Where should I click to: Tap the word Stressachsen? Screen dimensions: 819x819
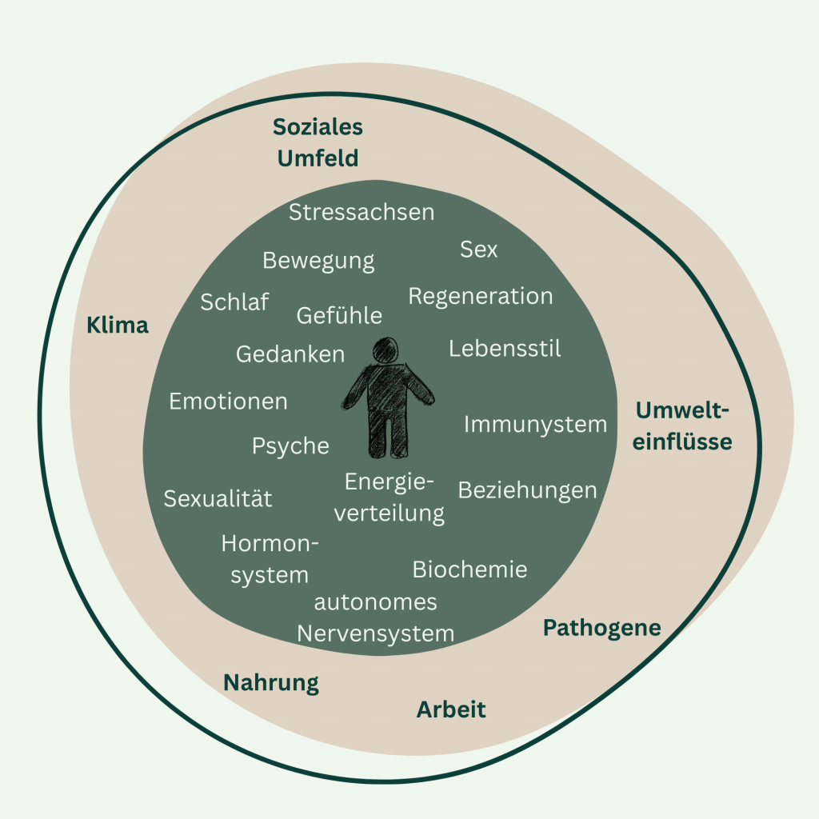click(x=362, y=213)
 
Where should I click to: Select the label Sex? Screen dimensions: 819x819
click(x=478, y=250)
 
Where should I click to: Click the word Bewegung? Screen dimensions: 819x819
click(x=318, y=262)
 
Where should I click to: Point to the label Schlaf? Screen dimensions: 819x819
click(x=234, y=302)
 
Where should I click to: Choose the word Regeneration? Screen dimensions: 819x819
click(x=481, y=297)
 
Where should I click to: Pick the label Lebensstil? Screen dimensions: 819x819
click(x=505, y=349)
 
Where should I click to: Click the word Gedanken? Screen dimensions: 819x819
click(x=290, y=354)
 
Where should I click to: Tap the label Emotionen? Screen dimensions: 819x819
click(x=228, y=402)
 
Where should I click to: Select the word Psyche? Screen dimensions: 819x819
click(x=290, y=446)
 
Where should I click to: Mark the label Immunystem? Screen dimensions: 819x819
click(x=535, y=425)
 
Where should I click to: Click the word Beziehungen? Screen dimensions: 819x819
click(x=527, y=490)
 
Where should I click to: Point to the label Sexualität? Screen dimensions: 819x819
click(x=218, y=499)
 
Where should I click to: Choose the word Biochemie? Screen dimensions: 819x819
click(x=469, y=569)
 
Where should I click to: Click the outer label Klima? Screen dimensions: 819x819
click(x=118, y=326)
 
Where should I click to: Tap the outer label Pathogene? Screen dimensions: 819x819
click(x=601, y=629)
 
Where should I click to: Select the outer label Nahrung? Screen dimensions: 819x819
click(x=270, y=683)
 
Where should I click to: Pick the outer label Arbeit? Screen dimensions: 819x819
click(x=451, y=709)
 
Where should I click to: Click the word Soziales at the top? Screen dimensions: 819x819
click(x=318, y=127)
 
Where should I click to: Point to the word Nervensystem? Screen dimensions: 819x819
click(x=375, y=634)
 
